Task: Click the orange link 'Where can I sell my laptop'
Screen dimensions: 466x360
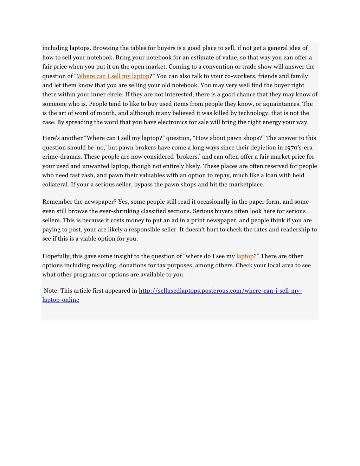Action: [113, 76]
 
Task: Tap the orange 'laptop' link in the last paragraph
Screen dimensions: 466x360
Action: [245, 256]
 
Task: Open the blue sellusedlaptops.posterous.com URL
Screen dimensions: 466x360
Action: [220, 291]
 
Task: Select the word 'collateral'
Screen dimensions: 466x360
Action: [55, 185]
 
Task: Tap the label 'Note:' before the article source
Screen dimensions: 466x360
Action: [51, 291]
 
